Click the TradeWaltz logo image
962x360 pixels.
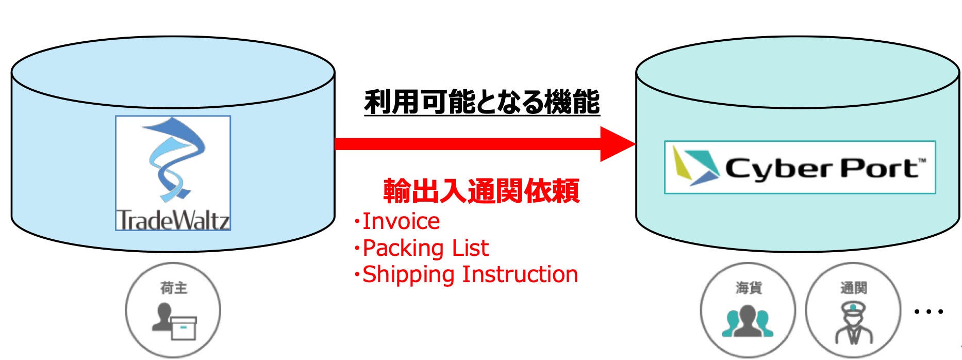click(x=173, y=173)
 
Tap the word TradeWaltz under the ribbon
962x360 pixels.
click(x=173, y=220)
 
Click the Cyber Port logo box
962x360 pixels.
click(x=800, y=167)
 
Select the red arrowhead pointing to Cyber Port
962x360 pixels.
click(x=618, y=144)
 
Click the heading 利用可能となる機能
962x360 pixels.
click(x=482, y=102)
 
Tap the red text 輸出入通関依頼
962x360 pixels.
click(x=482, y=191)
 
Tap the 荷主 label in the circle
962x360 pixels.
click(x=174, y=288)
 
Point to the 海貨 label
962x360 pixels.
click(x=749, y=288)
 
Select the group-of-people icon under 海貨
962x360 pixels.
click(x=748, y=321)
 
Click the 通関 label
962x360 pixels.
click(x=854, y=288)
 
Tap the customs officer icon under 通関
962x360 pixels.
click(x=854, y=323)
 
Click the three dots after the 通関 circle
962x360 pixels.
click(x=928, y=312)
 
